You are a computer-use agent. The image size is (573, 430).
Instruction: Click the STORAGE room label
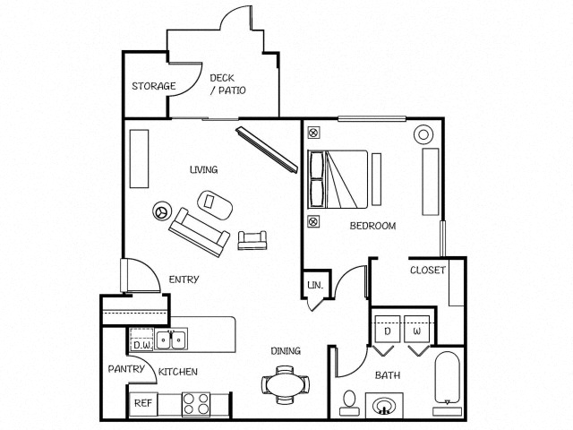[x=154, y=87]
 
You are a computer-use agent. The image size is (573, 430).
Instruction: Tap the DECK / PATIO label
[x=227, y=84]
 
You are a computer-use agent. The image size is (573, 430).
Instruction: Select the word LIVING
[x=203, y=169]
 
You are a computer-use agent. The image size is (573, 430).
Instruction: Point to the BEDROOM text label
[x=372, y=226]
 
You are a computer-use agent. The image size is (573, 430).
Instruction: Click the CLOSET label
[x=427, y=271]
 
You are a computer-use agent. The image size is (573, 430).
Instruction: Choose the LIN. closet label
[x=314, y=286]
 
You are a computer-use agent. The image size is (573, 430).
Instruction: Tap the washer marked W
[x=417, y=331]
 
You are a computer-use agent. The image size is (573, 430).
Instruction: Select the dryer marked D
[x=388, y=331]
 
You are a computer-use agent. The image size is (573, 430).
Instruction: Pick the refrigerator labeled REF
[x=142, y=402]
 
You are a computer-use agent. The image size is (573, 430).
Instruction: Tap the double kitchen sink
[x=171, y=340]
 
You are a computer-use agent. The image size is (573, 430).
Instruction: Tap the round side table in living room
[x=162, y=212]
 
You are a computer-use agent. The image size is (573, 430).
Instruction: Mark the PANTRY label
[x=126, y=369]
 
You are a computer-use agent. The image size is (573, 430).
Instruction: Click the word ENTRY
[x=184, y=279]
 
